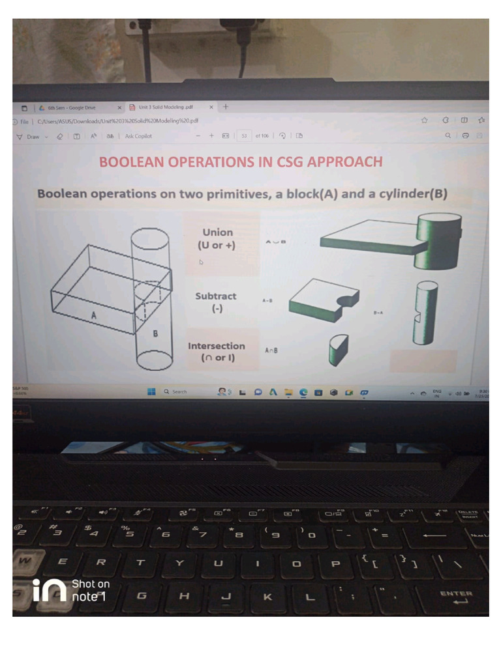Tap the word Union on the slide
[217, 232]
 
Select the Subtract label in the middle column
[216, 296]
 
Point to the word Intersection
[217, 346]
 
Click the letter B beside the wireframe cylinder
[155, 333]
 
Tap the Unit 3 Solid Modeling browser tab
[165, 107]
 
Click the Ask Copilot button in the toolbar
[138, 136]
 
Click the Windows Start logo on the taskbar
[151, 391]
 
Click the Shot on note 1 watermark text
[90, 590]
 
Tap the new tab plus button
[225, 107]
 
